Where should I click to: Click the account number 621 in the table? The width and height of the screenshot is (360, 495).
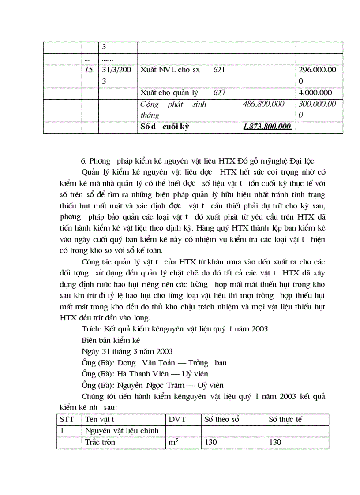[x=219, y=70]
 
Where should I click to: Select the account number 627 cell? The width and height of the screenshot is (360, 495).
[x=219, y=93]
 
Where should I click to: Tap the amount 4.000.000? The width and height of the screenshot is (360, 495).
[x=315, y=93]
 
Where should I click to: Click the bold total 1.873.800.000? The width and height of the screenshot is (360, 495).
[x=267, y=127]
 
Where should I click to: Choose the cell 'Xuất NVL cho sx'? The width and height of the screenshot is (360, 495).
[x=170, y=70]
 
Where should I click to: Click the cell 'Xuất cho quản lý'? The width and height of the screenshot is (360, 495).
[x=169, y=93]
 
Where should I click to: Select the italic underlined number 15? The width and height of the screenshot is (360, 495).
[x=89, y=70]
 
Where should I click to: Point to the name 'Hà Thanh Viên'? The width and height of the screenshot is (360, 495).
[x=139, y=374]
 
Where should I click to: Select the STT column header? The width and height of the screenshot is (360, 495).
[x=67, y=419]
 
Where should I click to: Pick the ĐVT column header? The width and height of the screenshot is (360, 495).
[x=177, y=419]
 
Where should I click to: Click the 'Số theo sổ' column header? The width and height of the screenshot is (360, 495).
[x=221, y=419]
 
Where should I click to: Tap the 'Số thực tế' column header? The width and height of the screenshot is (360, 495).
[x=285, y=419]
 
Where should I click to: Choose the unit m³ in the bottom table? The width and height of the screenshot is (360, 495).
[x=173, y=442]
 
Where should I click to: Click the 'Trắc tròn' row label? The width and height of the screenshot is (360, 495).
[x=100, y=442]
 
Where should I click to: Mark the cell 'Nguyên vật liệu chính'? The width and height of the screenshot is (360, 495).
[x=121, y=431]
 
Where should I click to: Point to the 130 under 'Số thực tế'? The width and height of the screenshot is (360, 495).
[x=275, y=442]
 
